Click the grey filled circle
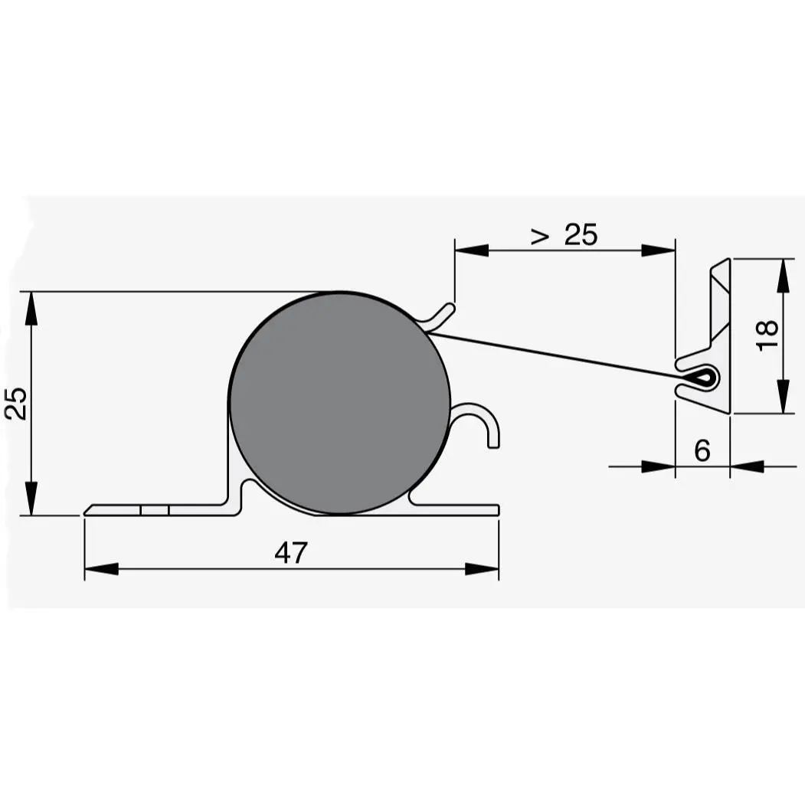click(x=339, y=403)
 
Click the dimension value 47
click(x=291, y=552)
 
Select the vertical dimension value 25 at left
click(x=17, y=403)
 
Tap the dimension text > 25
click(x=564, y=235)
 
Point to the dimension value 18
click(x=767, y=335)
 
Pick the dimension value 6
click(x=702, y=451)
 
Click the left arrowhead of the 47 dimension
click(x=100, y=569)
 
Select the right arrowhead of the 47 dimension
click(x=483, y=569)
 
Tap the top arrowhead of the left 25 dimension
click(x=31, y=307)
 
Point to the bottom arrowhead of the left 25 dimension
click(x=31, y=499)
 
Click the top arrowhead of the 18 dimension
click(x=783, y=277)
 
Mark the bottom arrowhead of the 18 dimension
click(x=783, y=397)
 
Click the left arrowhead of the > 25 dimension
click(x=471, y=250)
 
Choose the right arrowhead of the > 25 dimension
click(x=659, y=250)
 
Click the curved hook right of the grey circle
click(x=479, y=420)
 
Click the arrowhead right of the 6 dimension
click(x=747, y=466)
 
